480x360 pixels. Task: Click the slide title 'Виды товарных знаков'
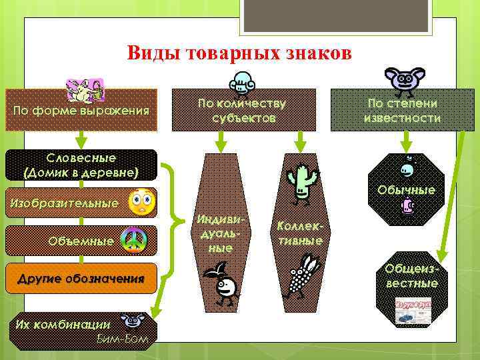[239, 53]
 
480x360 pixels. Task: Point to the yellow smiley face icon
[139, 202]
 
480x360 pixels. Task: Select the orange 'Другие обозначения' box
[81, 278]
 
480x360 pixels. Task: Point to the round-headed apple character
[223, 285]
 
